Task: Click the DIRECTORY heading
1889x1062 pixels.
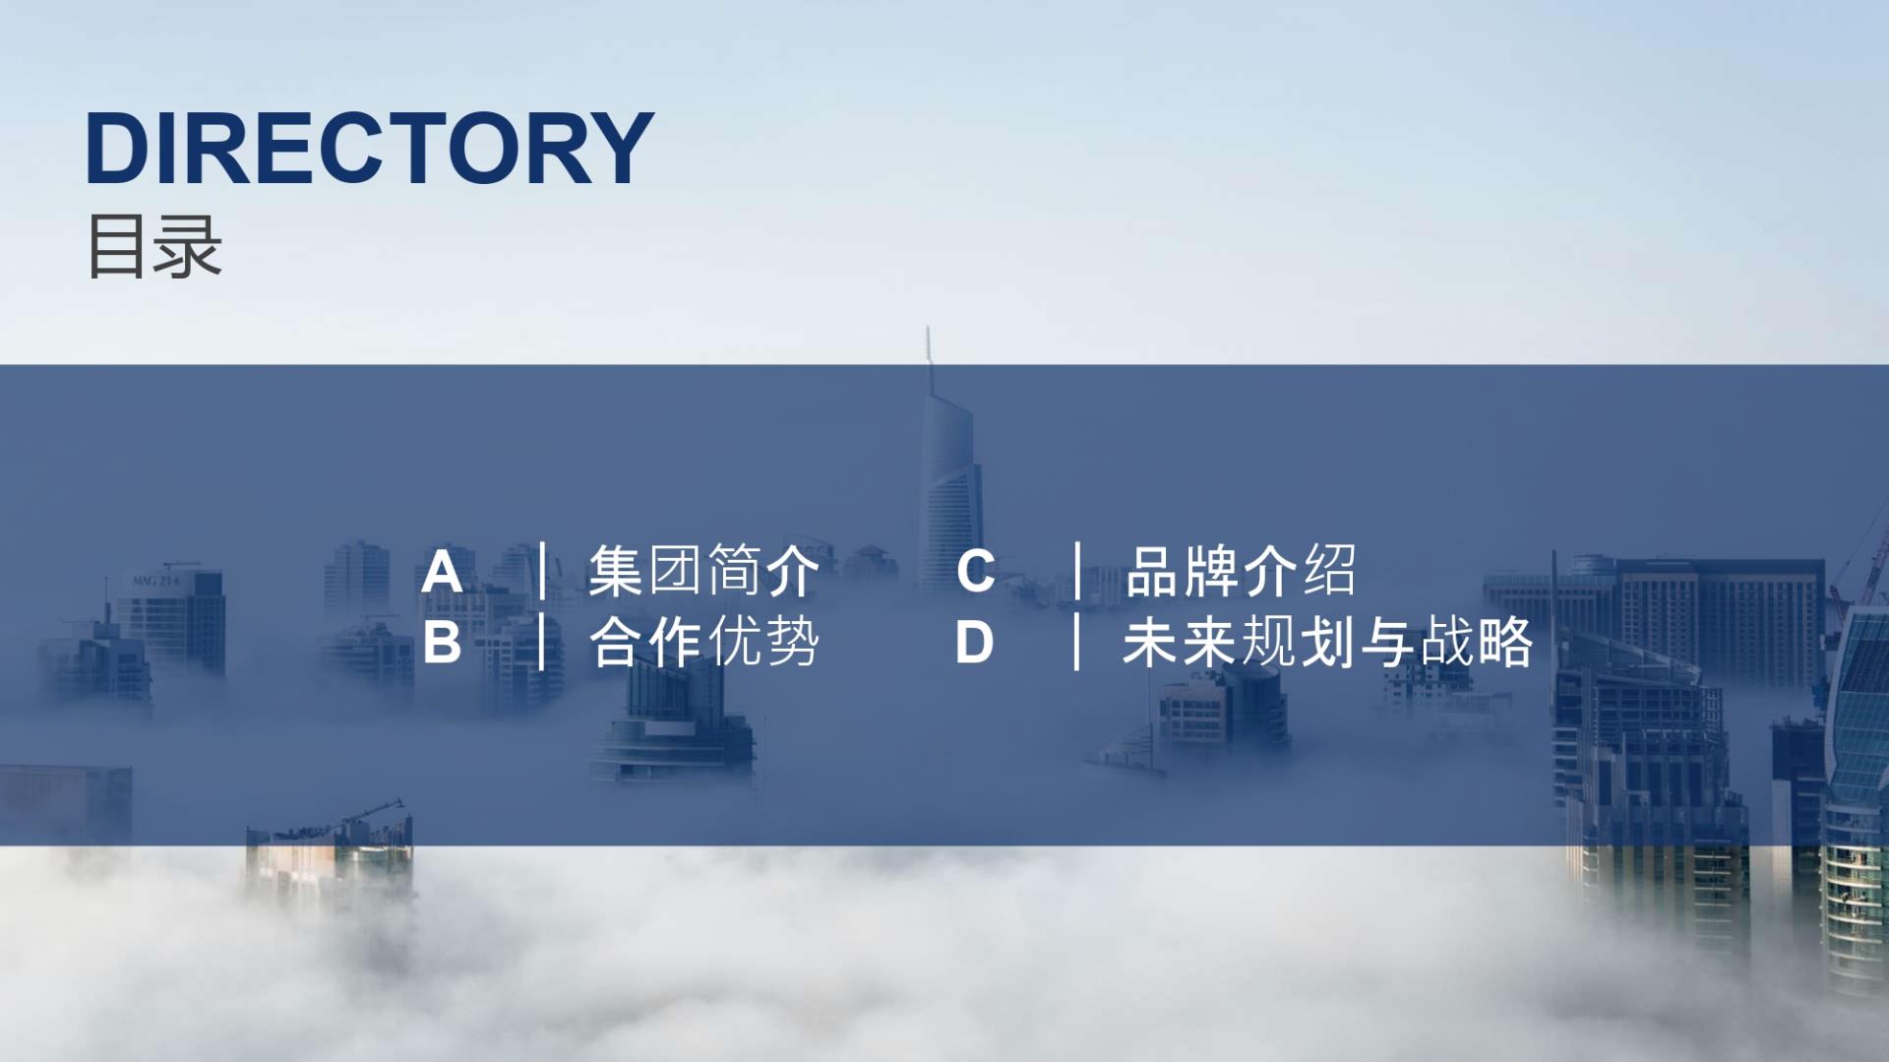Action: pyautogui.click(x=369, y=148)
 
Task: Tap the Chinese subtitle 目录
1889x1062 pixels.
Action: pyautogui.click(x=155, y=246)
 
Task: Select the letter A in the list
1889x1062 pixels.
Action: pyautogui.click(x=442, y=573)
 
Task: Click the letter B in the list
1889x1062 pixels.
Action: pyautogui.click(x=442, y=644)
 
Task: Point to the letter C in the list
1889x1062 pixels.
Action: pyautogui.click(x=975, y=572)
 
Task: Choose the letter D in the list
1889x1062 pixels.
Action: pyautogui.click(x=974, y=644)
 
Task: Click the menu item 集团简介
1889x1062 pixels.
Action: pyautogui.click(x=703, y=571)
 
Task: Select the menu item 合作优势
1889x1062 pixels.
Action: pyautogui.click(x=703, y=643)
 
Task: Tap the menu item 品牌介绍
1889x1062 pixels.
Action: pyautogui.click(x=1241, y=571)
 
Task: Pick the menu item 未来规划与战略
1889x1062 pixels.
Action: pyautogui.click(x=1328, y=643)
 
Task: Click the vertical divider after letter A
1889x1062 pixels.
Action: pyautogui.click(x=542, y=571)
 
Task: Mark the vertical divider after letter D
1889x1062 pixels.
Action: pyautogui.click(x=1077, y=642)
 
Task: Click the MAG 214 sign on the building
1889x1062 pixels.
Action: pyautogui.click(x=156, y=581)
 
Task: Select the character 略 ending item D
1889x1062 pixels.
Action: pyautogui.click(x=1505, y=643)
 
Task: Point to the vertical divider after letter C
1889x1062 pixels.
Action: pyautogui.click(x=1077, y=571)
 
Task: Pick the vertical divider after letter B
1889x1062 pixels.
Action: pyautogui.click(x=542, y=642)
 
